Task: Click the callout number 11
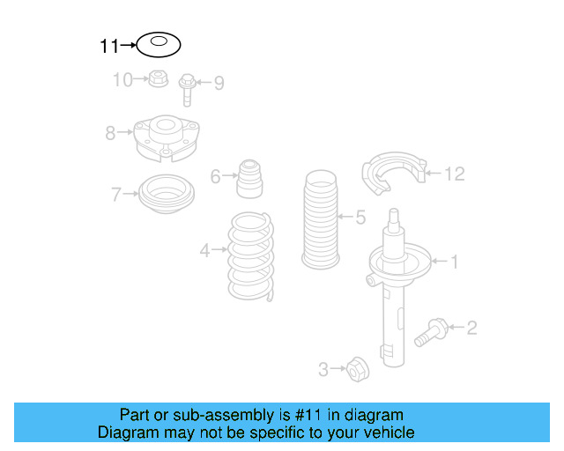point(108,45)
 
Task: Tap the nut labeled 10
point(158,79)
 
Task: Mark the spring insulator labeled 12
point(394,175)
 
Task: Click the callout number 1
point(455,261)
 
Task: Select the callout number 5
point(360,216)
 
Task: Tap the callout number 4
point(204,252)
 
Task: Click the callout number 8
point(110,134)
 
